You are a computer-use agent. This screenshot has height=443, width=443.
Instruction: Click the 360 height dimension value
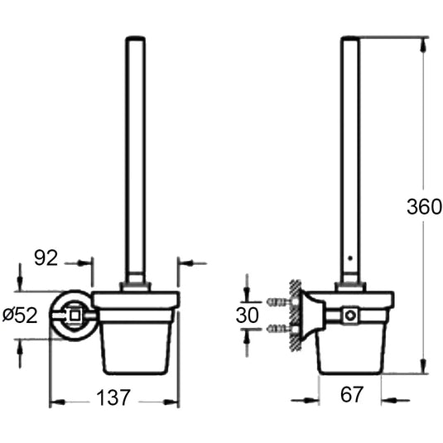point(424,206)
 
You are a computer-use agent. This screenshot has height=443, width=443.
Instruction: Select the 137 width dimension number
point(113,397)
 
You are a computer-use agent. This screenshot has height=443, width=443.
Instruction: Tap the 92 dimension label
point(46,258)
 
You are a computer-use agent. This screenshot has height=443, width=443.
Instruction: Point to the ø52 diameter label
point(20,315)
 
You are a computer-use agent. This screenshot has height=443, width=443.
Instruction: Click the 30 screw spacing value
point(248,315)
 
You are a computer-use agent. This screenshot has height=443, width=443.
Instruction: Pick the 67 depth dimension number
point(351,394)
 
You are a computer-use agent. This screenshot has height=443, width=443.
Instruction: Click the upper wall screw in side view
point(279,302)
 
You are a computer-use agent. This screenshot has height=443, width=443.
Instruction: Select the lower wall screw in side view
point(279,328)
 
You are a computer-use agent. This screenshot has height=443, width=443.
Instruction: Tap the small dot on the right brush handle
point(350,258)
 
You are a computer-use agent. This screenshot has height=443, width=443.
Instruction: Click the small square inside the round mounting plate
point(75,315)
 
